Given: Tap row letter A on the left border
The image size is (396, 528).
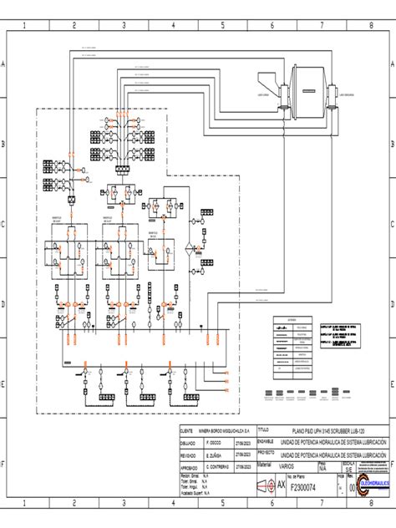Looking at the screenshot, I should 5,64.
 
